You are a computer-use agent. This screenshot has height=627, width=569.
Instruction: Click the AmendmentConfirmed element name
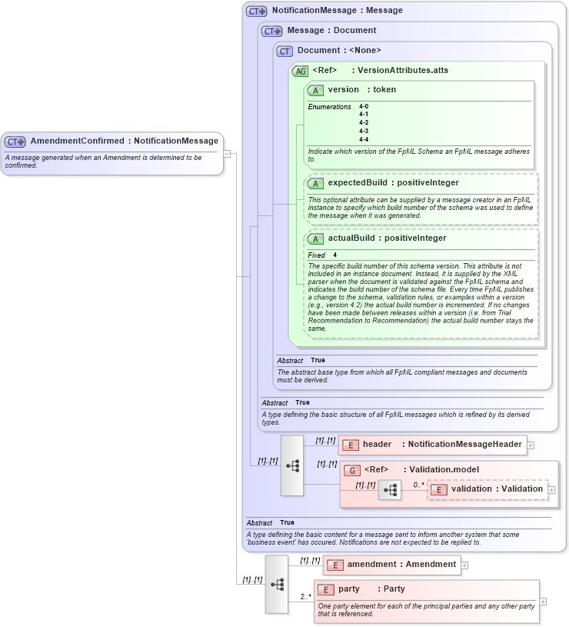click(78, 142)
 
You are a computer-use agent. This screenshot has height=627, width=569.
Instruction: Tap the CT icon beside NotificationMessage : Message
click(256, 12)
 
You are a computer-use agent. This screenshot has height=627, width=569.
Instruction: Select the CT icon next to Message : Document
click(271, 31)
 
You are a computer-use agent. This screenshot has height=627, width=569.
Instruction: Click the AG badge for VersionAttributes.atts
click(300, 71)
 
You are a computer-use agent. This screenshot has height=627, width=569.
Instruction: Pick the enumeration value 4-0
click(364, 106)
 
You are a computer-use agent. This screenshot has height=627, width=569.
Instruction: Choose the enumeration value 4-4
click(364, 139)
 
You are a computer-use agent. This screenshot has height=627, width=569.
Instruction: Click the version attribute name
click(344, 90)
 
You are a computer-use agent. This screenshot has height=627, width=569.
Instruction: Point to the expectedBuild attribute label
click(360, 183)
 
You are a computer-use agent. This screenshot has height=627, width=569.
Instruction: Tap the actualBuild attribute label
click(354, 238)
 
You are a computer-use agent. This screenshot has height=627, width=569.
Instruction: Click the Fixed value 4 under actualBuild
click(335, 255)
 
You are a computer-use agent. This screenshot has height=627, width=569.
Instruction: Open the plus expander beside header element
click(531, 445)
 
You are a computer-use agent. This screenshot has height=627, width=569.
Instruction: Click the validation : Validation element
click(497, 489)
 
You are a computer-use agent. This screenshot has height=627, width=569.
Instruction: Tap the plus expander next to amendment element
click(464, 565)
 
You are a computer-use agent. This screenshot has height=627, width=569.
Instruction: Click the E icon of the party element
click(326, 589)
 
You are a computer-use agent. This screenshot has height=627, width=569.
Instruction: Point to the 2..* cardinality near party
click(305, 596)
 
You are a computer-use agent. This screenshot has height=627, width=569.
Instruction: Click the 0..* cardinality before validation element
click(418, 485)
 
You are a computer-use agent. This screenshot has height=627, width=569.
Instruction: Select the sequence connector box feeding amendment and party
click(277, 584)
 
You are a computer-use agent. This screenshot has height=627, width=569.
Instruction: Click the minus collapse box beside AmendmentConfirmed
click(228, 153)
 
